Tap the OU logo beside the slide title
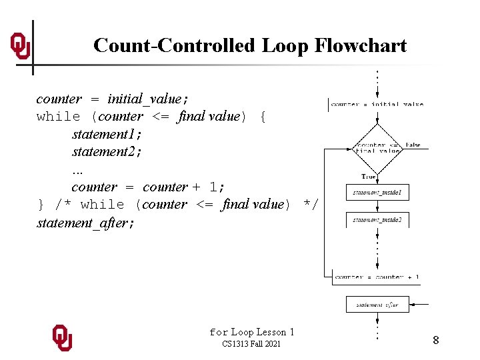tap(20, 46)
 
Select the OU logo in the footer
tap(63, 338)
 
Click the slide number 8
tap(435, 341)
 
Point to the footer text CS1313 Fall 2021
tap(251, 344)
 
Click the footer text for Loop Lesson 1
tap(251, 332)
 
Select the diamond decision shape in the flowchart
tap(377, 147)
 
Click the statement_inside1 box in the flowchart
tap(377, 193)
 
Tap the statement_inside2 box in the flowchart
tap(377, 219)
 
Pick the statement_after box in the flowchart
tap(377, 305)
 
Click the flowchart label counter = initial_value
tap(377, 104)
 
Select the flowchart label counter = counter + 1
tap(377, 277)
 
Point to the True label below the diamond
tap(369, 177)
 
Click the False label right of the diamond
tap(413, 145)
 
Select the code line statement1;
tap(107, 134)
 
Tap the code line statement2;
tap(107, 152)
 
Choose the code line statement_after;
tap(85, 223)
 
